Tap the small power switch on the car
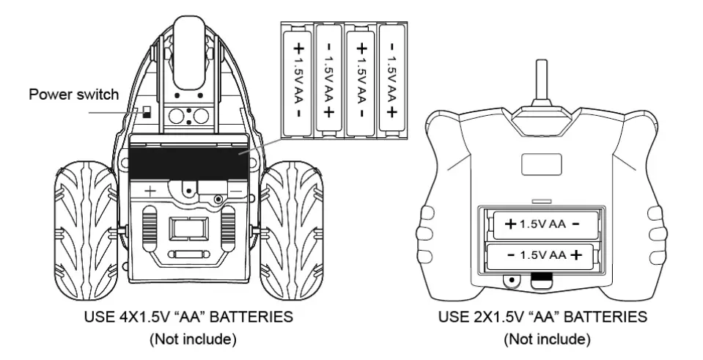tap(147, 111)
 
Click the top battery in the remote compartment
tap(542, 224)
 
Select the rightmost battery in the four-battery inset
tap(393, 80)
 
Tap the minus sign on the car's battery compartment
tap(238, 189)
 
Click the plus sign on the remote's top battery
tap(509, 224)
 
